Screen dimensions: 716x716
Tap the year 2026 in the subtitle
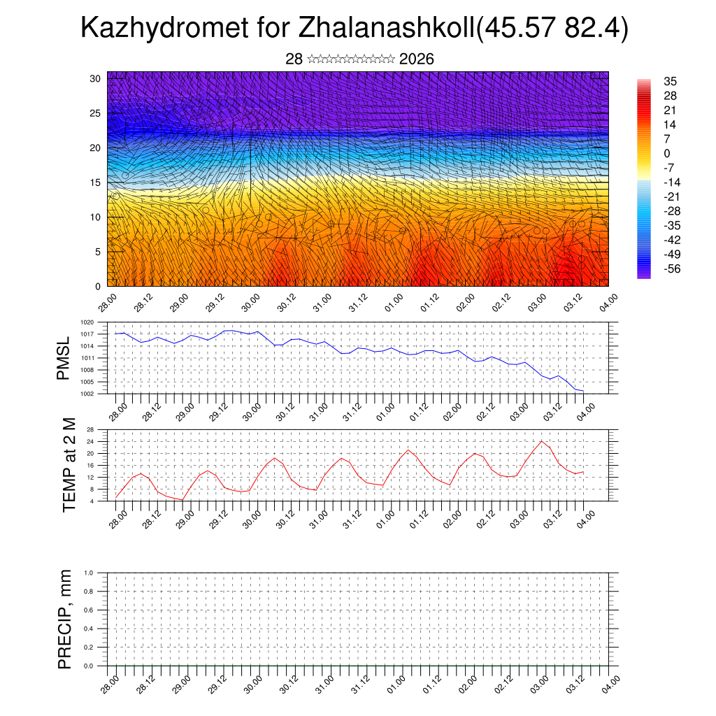coord(416,59)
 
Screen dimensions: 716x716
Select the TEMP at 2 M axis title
coord(69,464)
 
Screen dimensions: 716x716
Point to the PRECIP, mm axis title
coord(65,619)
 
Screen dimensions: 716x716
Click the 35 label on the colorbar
coord(670,82)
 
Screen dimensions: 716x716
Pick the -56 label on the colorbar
coord(672,268)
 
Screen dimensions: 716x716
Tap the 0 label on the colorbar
coord(667,153)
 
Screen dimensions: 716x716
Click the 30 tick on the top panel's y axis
coord(95,78)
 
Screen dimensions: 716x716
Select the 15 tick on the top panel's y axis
coord(95,182)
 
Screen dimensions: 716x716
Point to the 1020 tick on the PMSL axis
coord(87,322)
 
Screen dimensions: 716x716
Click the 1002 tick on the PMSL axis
coord(87,394)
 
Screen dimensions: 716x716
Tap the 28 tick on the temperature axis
coord(90,429)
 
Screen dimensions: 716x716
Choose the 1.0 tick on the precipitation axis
coord(89,573)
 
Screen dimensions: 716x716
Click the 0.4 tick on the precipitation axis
coord(89,629)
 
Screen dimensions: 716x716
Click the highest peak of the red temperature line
coord(542,441)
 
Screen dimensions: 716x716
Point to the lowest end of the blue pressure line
coord(583,391)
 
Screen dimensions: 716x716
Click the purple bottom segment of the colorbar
coord(643,274)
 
